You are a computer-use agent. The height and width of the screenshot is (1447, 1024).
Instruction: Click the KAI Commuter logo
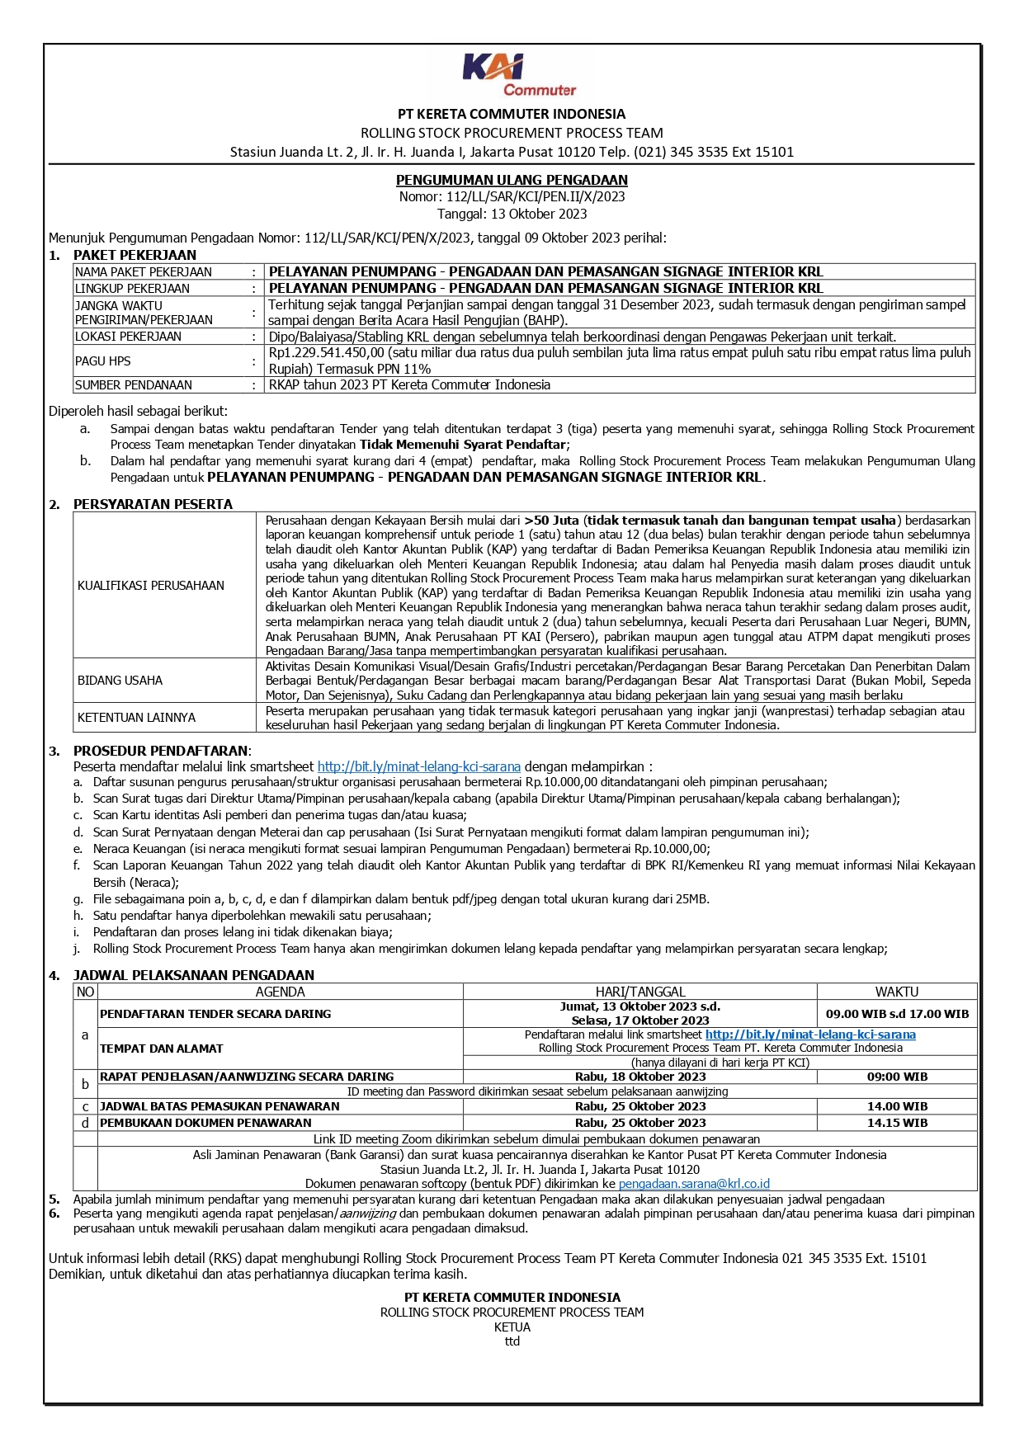(x=517, y=75)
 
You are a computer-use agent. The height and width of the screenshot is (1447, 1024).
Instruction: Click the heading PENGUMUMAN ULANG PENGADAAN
(x=512, y=180)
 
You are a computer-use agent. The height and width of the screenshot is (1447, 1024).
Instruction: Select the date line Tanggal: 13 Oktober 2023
(x=512, y=214)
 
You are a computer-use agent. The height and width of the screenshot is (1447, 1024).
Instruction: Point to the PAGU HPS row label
(x=103, y=361)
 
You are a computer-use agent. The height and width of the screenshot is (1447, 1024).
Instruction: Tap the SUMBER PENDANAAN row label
(x=134, y=385)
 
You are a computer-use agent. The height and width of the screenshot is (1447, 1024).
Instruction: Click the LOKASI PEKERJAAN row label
(x=128, y=337)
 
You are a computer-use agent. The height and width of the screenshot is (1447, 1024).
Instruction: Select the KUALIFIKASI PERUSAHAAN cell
(x=151, y=586)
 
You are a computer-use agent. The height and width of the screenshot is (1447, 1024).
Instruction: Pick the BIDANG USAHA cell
(x=120, y=681)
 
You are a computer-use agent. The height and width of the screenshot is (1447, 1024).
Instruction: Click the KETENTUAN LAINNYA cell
(x=137, y=718)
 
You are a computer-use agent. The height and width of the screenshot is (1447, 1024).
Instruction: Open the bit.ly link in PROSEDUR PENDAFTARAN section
(x=418, y=766)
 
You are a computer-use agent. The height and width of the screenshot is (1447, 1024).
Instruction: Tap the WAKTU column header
(x=896, y=992)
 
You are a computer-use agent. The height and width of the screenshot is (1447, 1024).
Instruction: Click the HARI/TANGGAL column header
(x=640, y=992)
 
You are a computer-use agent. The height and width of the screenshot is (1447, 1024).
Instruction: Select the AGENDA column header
(x=280, y=992)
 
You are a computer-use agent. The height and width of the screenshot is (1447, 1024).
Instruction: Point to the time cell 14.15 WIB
(x=896, y=1123)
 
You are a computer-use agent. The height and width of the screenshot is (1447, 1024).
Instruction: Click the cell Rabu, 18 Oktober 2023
(x=640, y=1077)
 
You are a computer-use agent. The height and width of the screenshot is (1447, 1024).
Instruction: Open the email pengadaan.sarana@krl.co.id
(x=694, y=1184)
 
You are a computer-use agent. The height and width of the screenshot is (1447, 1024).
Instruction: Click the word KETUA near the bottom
(x=512, y=1327)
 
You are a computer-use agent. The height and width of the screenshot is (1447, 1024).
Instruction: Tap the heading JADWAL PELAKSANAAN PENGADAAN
(x=194, y=975)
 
